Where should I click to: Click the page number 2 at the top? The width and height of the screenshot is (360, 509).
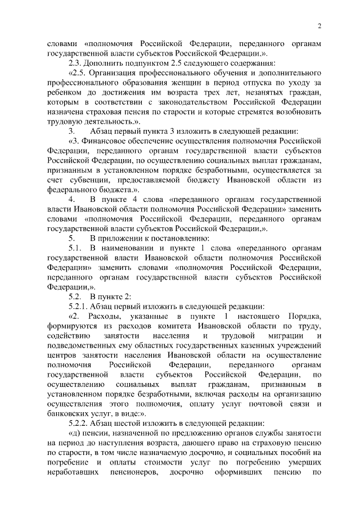click(x=319, y=25)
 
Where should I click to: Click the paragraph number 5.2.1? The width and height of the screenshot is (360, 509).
click(x=80, y=308)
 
